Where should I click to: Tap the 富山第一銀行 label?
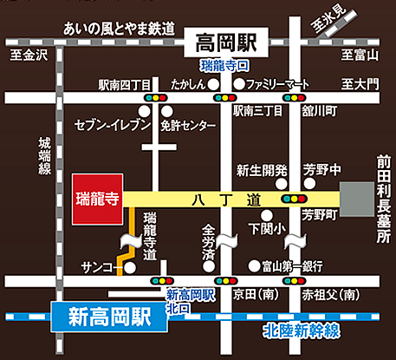[x=293, y=265]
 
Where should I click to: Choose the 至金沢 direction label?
[x=27, y=56]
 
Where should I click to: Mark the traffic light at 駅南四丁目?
[x=159, y=100]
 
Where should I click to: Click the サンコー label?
[x=99, y=266]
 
